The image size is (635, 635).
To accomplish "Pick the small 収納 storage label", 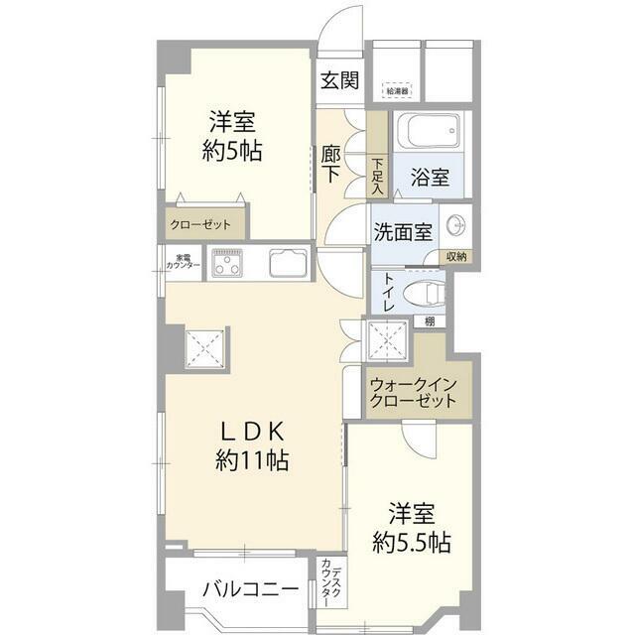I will click(x=455, y=256).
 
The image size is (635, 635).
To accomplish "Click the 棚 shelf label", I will click(x=429, y=320).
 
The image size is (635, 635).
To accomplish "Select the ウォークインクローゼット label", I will click(x=411, y=393).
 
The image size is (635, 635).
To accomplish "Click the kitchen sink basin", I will click(x=289, y=265).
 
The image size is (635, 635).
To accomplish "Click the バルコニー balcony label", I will click(x=250, y=588).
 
